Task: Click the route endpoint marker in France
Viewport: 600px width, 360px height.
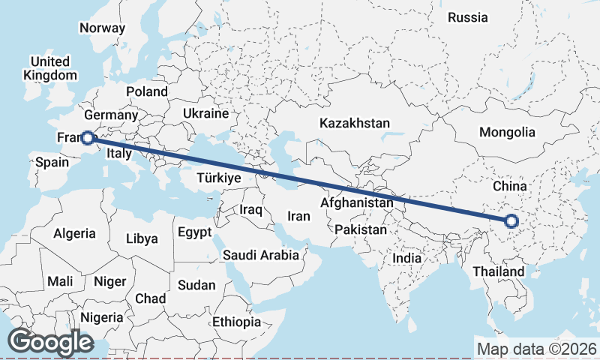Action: coord(88,138)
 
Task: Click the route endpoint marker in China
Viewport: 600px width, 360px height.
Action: coord(511,221)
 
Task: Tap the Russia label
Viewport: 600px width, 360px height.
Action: coord(467,17)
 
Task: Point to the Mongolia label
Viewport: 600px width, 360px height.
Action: coord(508,133)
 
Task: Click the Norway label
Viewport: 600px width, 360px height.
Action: coord(102,28)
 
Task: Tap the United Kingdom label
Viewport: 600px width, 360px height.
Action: coord(50,68)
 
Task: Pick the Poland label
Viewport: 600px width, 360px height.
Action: coord(147,91)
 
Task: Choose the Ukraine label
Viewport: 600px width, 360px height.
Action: coord(205,114)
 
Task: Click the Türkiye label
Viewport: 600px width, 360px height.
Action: coord(217,178)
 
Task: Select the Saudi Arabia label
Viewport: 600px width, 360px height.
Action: coord(261,255)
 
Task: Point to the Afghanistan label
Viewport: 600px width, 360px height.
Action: coord(356,203)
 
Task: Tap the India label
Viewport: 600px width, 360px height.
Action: coord(407,258)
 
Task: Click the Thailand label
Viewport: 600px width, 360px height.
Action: coord(499,271)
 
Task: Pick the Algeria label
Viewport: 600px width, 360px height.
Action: coord(74,233)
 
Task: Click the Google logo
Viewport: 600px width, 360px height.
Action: coord(50,342)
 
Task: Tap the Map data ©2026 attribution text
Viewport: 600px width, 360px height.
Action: coord(537,349)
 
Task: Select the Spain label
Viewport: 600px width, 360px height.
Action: coord(52,162)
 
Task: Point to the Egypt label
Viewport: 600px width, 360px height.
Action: coord(195,232)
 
